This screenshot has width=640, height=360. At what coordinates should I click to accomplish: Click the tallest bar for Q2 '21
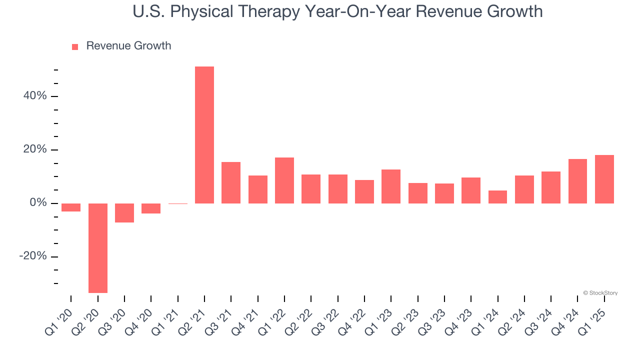point(204,135)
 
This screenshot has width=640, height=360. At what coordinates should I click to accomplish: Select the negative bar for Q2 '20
point(98,248)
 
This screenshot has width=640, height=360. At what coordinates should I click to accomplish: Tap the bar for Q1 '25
point(604,179)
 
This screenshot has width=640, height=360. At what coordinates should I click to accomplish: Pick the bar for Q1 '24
point(497,197)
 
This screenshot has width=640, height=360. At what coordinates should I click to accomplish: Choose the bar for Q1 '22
point(284,180)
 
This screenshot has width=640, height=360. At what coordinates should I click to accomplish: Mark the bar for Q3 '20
point(124,212)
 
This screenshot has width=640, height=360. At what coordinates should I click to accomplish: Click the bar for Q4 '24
point(577,181)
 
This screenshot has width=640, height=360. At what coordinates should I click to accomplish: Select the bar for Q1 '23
point(391,186)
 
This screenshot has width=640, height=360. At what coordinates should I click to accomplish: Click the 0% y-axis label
point(38,203)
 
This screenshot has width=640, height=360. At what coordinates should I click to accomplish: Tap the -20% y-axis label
point(33,256)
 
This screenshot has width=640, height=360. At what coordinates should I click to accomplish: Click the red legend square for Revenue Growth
point(75,47)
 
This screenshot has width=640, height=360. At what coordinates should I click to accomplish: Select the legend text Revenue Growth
point(128,46)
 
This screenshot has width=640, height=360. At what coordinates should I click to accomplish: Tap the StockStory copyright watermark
point(600,293)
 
